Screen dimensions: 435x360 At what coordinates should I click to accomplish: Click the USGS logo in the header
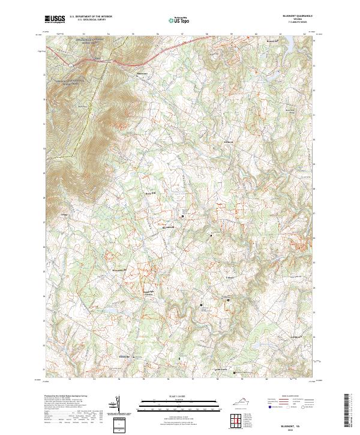55,19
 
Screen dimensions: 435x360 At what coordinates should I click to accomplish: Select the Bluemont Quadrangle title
298,17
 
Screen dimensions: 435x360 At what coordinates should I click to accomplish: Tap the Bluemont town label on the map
142,74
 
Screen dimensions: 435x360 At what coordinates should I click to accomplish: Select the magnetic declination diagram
118,406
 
